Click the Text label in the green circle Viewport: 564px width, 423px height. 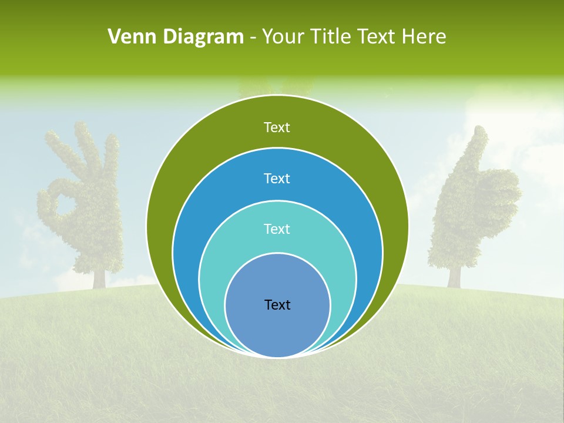(x=277, y=127)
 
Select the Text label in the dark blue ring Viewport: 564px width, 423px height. (x=277, y=178)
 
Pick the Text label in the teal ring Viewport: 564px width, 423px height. (x=277, y=229)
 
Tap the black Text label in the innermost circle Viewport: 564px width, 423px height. (x=277, y=304)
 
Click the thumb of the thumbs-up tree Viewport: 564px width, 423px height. (x=479, y=147)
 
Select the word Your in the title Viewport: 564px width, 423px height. (x=283, y=37)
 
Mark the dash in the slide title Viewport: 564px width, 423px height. (x=253, y=38)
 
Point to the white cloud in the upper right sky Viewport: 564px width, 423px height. (x=523, y=117)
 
